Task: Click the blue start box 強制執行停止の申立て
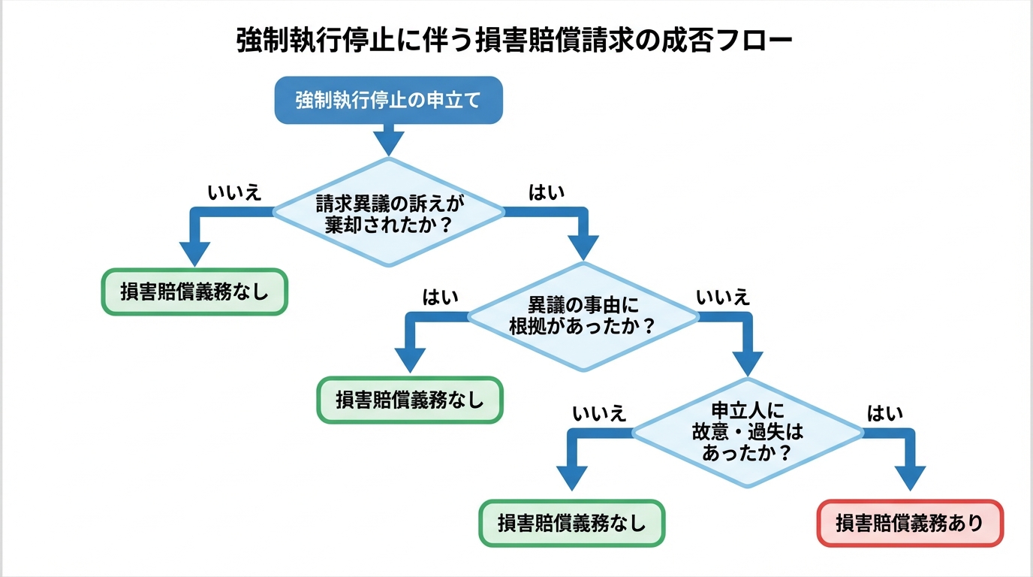387,100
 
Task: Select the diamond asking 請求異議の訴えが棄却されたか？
387,213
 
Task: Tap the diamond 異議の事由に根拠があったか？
583,316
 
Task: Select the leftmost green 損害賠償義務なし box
194,292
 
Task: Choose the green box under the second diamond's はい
409,400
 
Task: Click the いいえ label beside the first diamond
234,192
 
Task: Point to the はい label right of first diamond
547,192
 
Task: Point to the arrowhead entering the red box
910,479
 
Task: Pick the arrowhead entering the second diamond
583,247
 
